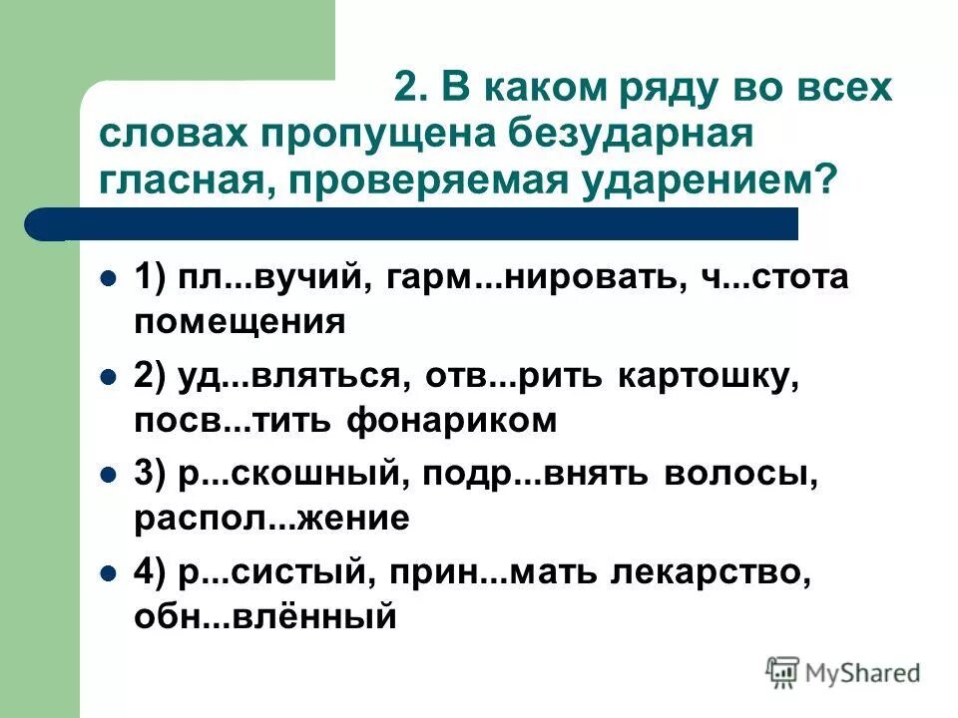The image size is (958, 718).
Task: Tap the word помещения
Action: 239,322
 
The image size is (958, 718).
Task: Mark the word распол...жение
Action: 270,520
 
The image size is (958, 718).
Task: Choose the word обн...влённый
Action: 265,618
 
